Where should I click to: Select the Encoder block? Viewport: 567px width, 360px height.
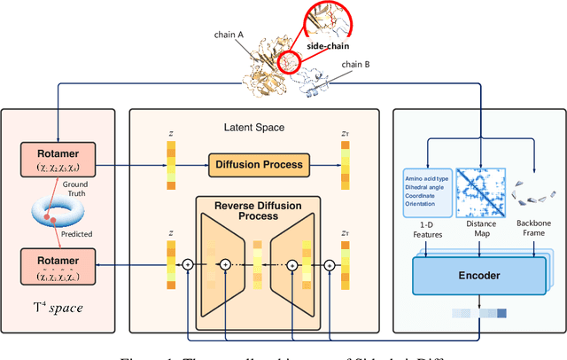tap(480, 276)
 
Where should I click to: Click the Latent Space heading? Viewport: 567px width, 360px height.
tap(255, 128)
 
